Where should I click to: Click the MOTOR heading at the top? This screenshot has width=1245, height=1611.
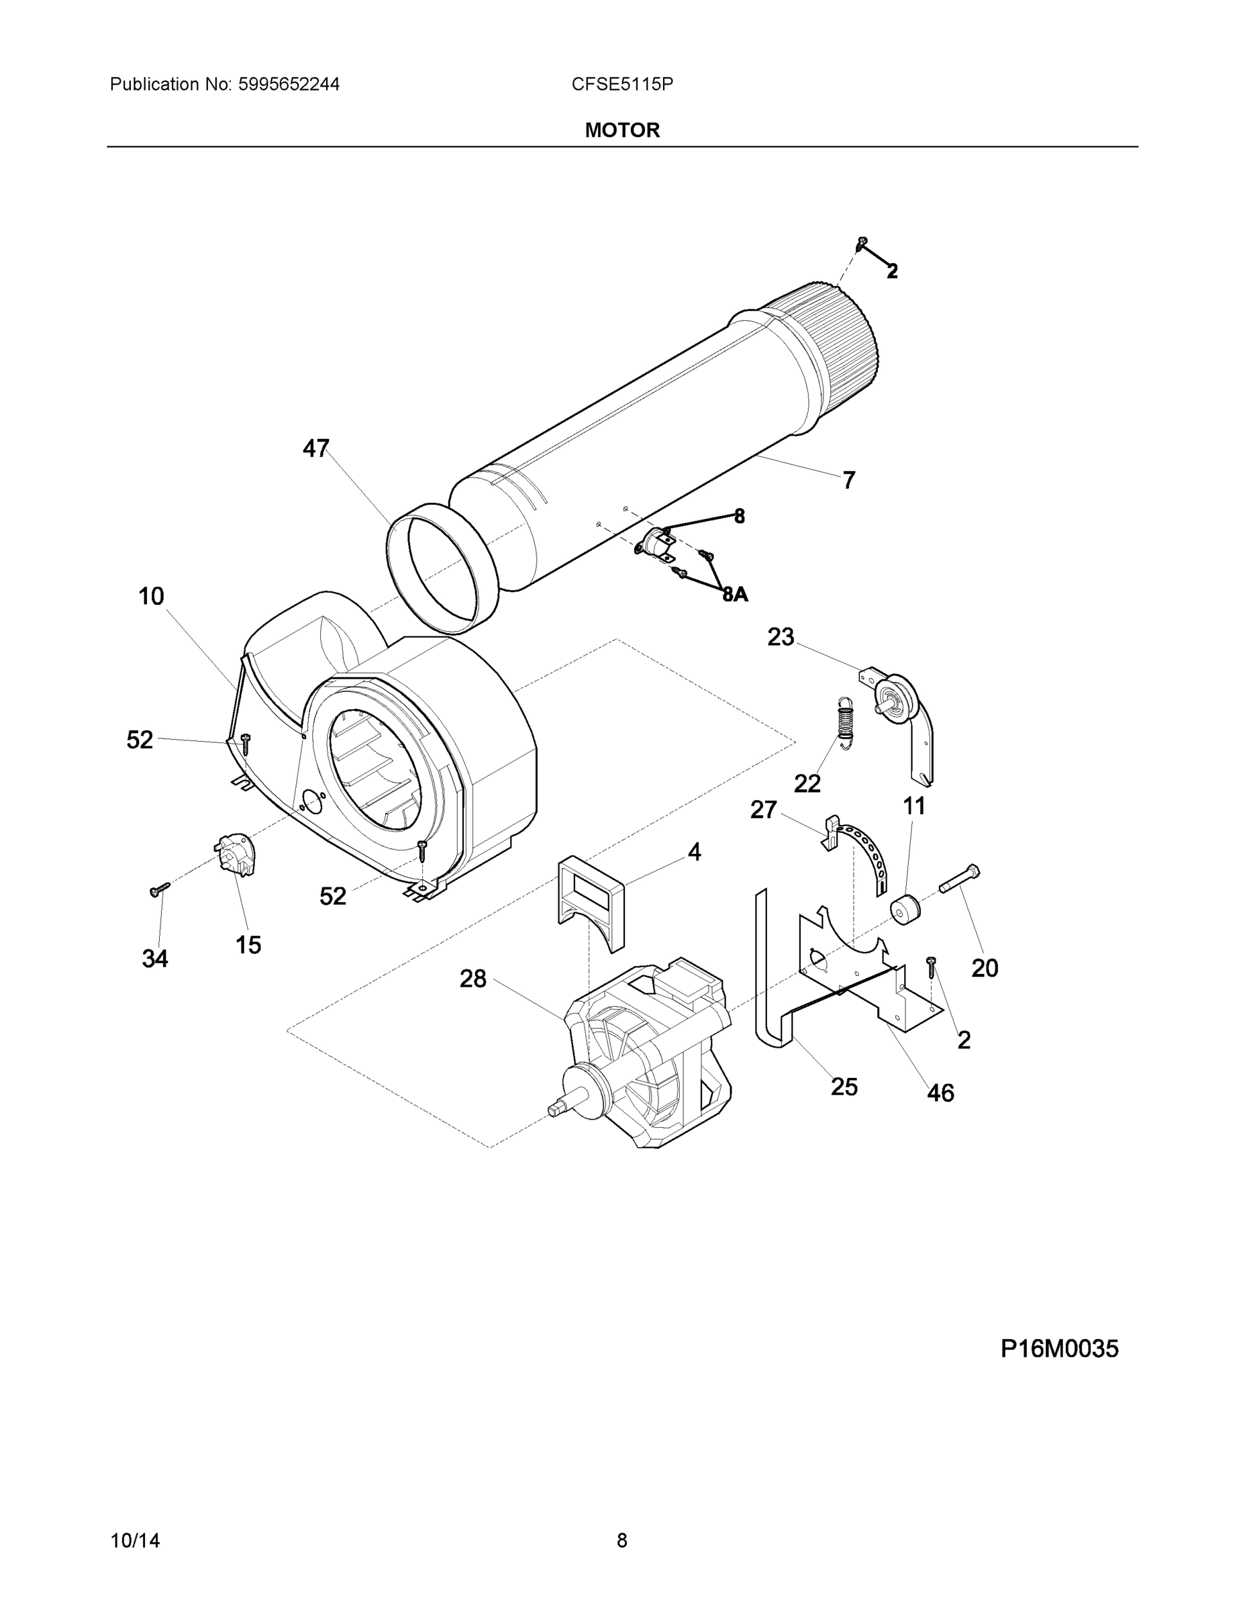pos(621,131)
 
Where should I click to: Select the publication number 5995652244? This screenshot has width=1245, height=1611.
pos(289,85)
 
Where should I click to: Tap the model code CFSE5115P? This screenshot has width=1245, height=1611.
pos(621,85)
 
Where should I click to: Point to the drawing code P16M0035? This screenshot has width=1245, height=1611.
pos(1058,1349)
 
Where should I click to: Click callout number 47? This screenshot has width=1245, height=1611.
pos(315,448)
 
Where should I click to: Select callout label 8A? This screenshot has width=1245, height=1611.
pos(736,594)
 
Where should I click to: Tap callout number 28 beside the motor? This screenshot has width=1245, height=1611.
pos(472,979)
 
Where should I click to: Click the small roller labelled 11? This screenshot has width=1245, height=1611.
pos(905,909)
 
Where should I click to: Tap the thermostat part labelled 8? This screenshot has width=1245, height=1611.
pos(655,542)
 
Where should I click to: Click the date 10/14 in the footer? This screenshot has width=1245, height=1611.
pos(134,1541)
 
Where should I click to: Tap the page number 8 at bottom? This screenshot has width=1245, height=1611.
pos(621,1541)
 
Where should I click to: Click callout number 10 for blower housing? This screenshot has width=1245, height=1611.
pos(151,596)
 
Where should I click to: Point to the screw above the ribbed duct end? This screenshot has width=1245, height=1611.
pos(862,243)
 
